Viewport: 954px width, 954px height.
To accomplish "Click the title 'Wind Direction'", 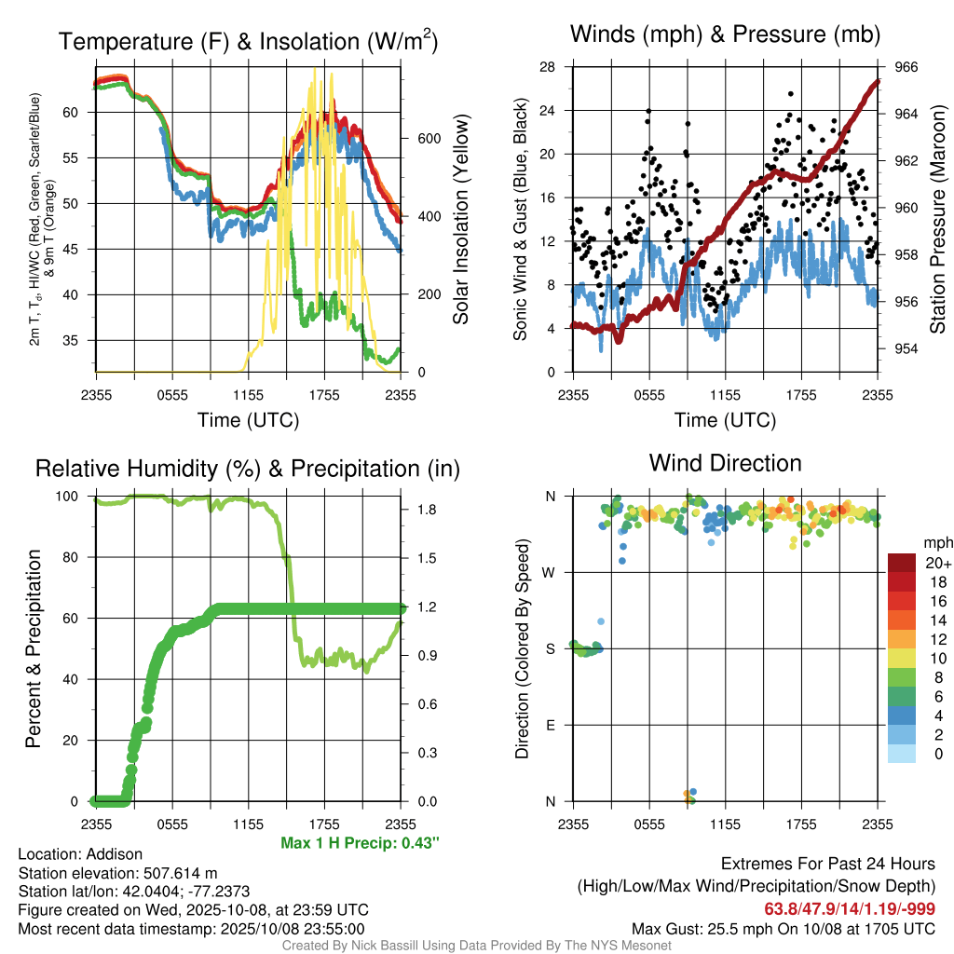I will click(725, 463).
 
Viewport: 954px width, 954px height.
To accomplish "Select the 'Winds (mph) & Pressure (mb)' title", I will click(725, 35).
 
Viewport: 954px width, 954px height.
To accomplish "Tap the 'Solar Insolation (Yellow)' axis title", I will click(460, 220).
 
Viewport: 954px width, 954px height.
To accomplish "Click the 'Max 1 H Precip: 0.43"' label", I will click(359, 843).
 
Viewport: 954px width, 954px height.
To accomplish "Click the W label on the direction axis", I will click(551, 572).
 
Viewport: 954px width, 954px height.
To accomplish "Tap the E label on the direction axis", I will click(551, 725).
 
